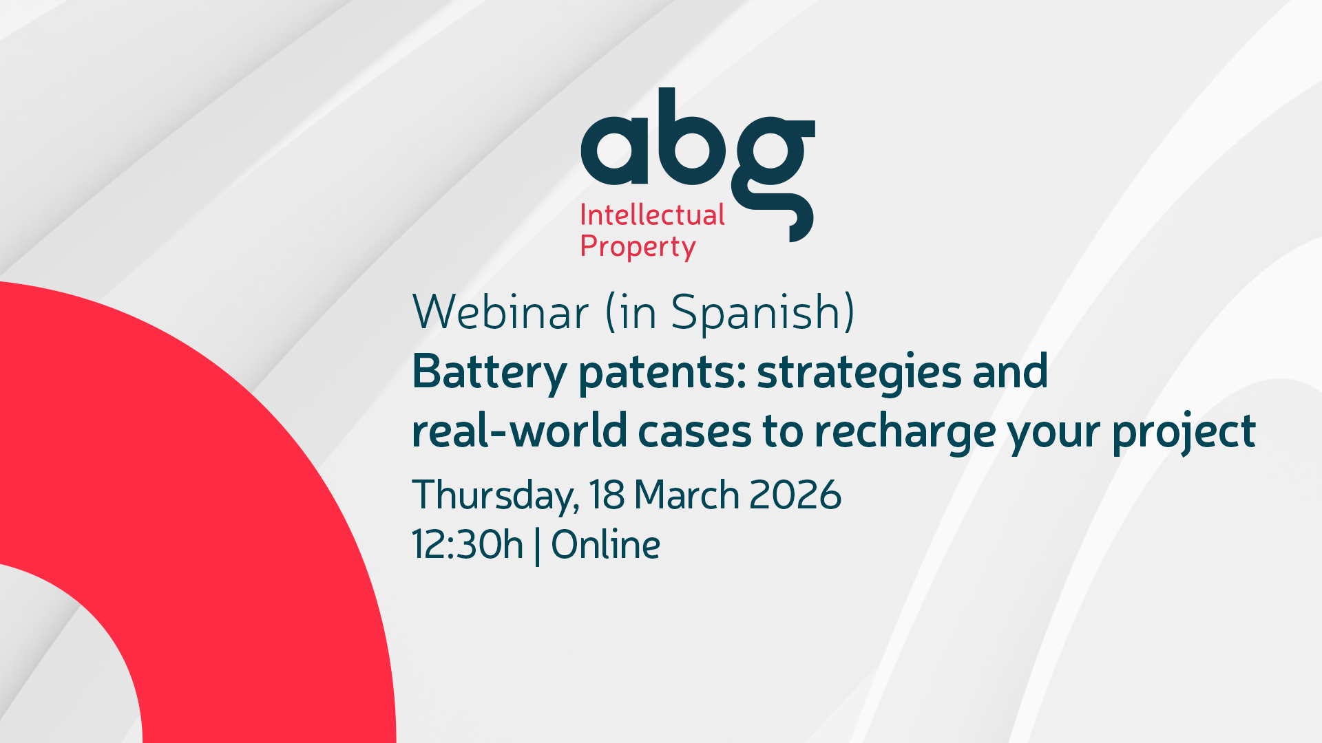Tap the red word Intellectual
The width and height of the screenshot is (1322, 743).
pyautogui.click(x=652, y=215)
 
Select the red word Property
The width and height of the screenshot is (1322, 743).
pyautogui.click(x=638, y=247)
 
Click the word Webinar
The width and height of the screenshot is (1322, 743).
pyautogui.click(x=501, y=312)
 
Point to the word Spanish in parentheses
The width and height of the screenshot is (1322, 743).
pyautogui.click(x=763, y=313)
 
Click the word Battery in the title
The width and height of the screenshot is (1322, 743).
pyautogui.click(x=489, y=374)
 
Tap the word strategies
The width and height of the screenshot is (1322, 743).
pyautogui.click(x=859, y=374)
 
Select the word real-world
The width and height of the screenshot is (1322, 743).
pyautogui.click(x=519, y=431)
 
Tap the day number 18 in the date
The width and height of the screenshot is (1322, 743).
pyautogui.click(x=607, y=495)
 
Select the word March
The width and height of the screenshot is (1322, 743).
pyautogui.click(x=686, y=495)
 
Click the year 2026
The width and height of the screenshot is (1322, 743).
pyautogui.click(x=795, y=495)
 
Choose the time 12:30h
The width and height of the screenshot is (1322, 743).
pyautogui.click(x=468, y=545)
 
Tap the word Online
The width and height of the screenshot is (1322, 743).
pyautogui.click(x=606, y=545)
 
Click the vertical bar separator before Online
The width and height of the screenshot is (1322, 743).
pyautogui.click(x=537, y=546)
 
